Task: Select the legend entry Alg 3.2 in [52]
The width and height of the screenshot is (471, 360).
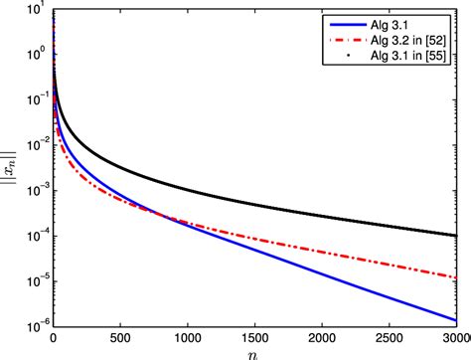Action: (x=399, y=39)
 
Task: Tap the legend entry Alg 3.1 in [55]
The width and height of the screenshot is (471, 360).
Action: (x=399, y=57)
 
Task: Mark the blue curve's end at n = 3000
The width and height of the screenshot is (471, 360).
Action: (x=456, y=319)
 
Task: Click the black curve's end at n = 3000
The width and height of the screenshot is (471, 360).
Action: (x=456, y=236)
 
